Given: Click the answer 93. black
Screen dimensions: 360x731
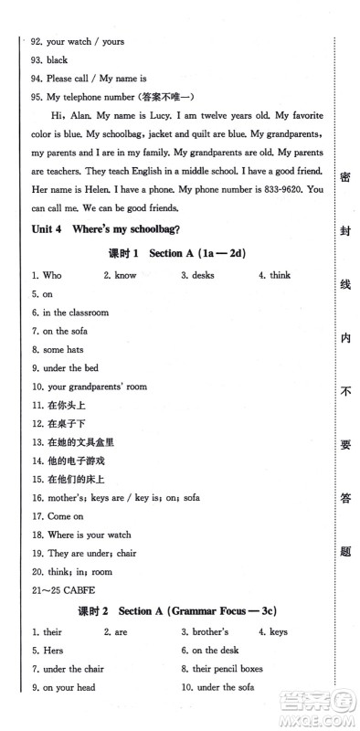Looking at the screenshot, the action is point(49,60).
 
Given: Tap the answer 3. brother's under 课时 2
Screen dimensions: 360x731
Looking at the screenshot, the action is point(205,631).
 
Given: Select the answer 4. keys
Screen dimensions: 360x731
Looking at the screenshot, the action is point(272,631).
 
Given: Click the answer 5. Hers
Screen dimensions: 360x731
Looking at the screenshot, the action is point(42,651).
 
